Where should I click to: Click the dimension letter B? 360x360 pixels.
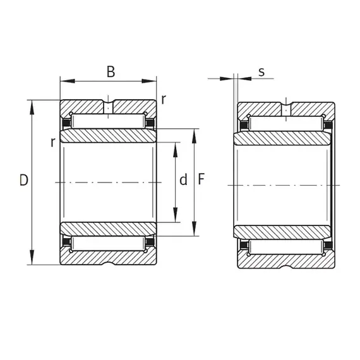[x=111, y=71]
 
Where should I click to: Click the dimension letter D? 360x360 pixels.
[x=24, y=180]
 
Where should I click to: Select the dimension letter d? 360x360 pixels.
[x=183, y=180]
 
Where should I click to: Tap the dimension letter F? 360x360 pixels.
[x=201, y=179]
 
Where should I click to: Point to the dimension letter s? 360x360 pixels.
[x=261, y=72]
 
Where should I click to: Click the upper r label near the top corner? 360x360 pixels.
[x=163, y=100]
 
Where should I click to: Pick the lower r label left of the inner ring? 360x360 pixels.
[x=53, y=143]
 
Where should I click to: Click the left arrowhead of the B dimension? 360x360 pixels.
[x=68, y=81]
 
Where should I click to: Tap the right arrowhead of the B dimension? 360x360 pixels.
[x=149, y=81]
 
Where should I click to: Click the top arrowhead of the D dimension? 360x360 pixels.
[x=32, y=107]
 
